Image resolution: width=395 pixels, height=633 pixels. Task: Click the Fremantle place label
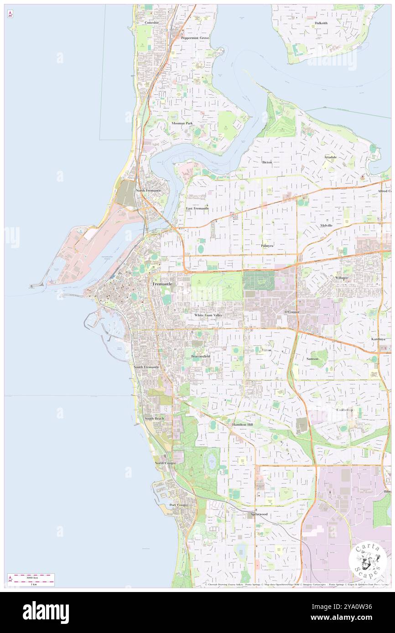coord(162,284)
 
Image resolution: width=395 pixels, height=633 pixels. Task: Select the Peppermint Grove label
coord(195,38)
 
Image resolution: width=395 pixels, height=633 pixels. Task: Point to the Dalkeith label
coord(321,23)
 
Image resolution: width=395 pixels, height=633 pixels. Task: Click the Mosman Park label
coord(182,123)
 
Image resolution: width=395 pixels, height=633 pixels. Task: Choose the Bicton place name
coord(267,162)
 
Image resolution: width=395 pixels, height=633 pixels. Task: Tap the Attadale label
coord(330,157)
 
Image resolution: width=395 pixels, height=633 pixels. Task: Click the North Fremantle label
coord(148,190)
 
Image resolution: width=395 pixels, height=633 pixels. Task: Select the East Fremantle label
coord(197,208)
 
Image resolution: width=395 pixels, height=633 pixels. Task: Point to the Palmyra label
coord(267,245)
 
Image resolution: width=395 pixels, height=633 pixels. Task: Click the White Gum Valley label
coord(208,315)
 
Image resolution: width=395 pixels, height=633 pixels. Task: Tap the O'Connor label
coord(292,312)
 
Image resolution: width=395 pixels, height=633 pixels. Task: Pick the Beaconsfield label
coord(200,356)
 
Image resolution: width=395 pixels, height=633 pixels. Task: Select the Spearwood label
coord(259,514)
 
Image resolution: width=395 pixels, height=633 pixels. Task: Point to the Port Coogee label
coord(179,505)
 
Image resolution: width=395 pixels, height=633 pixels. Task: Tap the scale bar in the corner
coord(31,580)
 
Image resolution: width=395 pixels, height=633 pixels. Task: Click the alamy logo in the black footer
coord(46,612)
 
